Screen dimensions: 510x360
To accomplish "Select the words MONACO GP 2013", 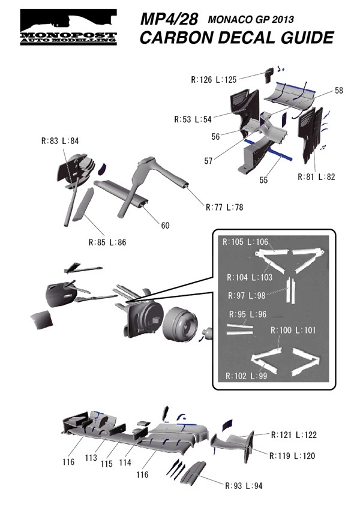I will pos(254,20).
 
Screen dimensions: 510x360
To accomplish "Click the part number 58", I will pos(339,90).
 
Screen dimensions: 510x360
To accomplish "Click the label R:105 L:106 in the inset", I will pos(247,242).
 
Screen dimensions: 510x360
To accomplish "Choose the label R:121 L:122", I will pos(294,434).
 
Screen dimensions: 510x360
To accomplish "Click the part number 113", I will pos(91,458).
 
